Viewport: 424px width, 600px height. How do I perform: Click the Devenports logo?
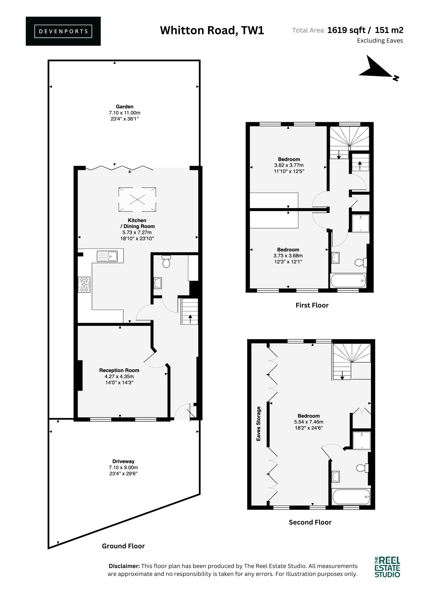[63, 31]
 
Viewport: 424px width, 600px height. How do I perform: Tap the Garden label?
[125, 107]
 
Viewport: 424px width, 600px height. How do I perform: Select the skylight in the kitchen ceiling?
[137, 199]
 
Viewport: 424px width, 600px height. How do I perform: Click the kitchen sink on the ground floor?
[107, 256]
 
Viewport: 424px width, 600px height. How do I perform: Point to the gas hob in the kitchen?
[84, 285]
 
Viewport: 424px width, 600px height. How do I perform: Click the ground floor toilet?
[166, 262]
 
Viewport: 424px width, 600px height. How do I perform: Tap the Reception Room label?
[119, 370]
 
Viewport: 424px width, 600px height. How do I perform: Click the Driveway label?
[123, 461]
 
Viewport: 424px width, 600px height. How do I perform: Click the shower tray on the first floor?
[361, 223]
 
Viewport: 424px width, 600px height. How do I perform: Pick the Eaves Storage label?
[258, 424]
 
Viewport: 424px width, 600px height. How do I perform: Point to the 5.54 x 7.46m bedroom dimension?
[309, 422]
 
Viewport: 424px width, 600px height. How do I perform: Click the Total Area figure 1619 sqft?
[346, 30]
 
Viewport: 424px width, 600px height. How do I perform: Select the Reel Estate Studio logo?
[387, 567]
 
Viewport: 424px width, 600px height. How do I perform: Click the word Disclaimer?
[124, 566]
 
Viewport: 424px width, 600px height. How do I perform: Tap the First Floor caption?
[312, 305]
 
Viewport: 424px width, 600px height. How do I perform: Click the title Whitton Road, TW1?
[212, 30]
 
